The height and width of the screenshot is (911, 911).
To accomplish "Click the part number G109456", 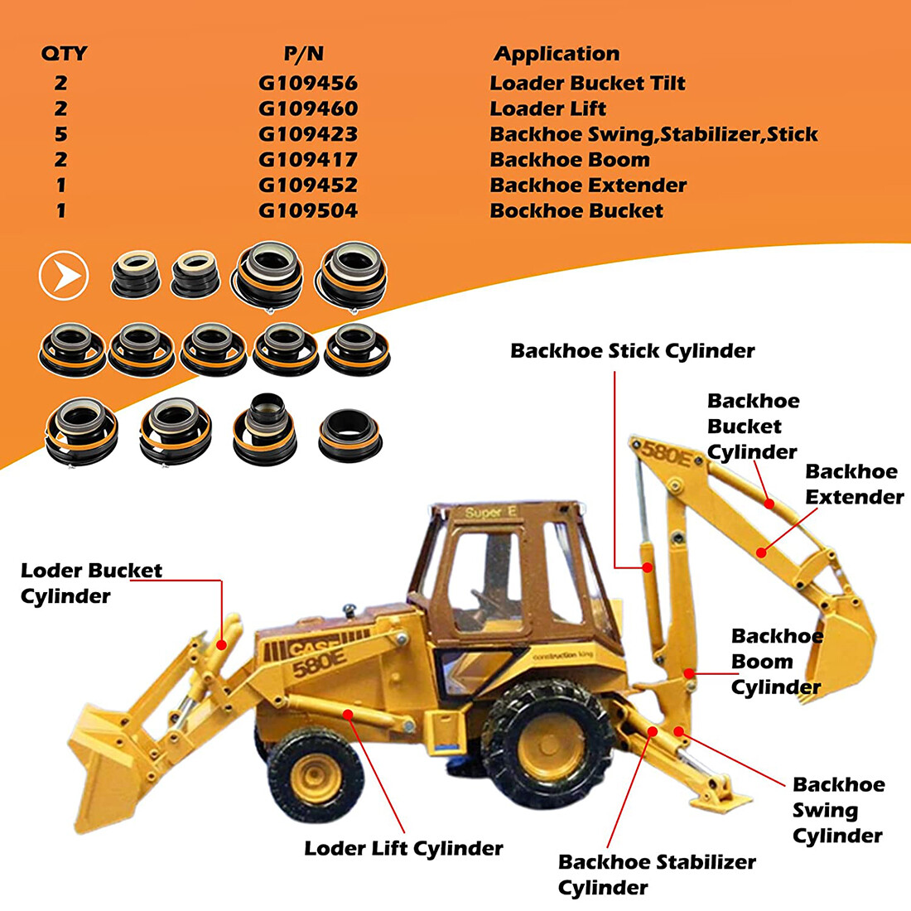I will tap(308, 83).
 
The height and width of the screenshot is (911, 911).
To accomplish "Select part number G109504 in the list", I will tap(308, 210).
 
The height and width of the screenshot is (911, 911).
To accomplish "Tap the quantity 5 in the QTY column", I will tap(61, 134).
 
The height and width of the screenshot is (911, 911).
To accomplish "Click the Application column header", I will tap(557, 55).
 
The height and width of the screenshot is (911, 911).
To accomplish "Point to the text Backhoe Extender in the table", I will tap(588, 185).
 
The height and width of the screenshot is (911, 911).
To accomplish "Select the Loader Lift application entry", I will tap(547, 108).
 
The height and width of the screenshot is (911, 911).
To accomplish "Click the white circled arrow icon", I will tap(64, 275).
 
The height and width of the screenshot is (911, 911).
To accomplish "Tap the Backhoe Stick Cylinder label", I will tap(632, 351).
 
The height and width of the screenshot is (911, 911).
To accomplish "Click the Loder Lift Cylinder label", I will tap(403, 849).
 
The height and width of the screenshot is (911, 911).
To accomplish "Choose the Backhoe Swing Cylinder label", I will tap(837, 810).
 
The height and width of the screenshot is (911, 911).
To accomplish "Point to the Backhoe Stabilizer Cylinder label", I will tap(656, 875).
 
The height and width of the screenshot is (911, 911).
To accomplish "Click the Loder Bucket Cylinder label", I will tap(91, 583).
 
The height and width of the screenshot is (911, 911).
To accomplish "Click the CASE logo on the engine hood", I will tap(312, 645).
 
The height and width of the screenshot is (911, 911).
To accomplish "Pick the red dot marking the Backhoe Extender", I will tap(760, 551).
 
